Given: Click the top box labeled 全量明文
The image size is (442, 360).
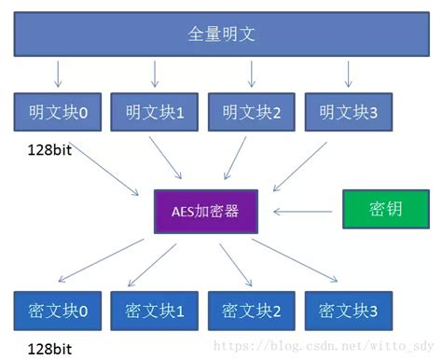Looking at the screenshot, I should point(220,36).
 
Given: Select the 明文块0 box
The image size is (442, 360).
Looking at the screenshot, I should point(58,112).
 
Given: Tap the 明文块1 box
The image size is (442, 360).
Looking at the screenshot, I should point(155,112).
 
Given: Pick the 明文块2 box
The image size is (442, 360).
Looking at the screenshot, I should point(252,112).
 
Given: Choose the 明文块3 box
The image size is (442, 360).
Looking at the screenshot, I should point(349,112).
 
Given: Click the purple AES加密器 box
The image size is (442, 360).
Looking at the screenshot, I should point(205,211).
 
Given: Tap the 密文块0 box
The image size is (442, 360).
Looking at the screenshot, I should point(58,310).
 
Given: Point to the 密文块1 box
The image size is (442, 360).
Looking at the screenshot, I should point(155,310).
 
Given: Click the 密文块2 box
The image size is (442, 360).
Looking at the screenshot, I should point(252,310).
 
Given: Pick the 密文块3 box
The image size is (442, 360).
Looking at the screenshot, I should point(349,310).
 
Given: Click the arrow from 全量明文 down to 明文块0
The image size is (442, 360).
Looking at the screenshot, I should point(58,74).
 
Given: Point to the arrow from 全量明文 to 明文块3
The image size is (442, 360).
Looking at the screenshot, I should point(349,74).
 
